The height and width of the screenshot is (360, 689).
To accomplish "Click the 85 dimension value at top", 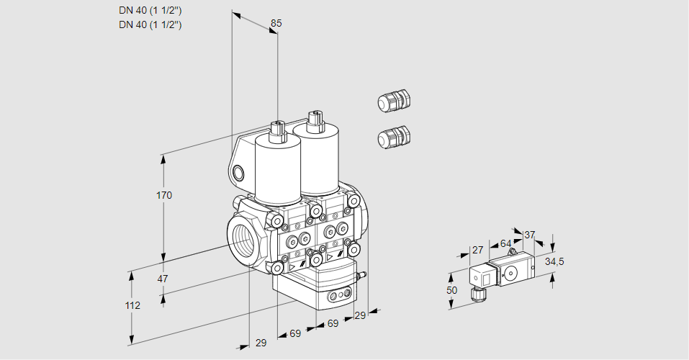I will pos(276,23).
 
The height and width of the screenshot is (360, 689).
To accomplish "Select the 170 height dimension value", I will pos(164,195).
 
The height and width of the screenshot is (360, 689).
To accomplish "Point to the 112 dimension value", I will pos(132,305).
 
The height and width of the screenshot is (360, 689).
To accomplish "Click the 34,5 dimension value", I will pos(554,261).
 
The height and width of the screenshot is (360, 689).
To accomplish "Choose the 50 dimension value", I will pos(451,289).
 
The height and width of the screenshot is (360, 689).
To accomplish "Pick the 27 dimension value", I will pos(477,250).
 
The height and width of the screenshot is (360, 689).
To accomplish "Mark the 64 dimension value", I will pos(505,243).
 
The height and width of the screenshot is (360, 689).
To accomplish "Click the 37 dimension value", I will pos(530,235).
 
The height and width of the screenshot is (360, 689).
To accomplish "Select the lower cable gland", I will pos(394,136).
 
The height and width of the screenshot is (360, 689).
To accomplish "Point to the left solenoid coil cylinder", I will pos(277,169).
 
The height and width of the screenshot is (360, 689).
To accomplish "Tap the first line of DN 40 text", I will pos(150,10).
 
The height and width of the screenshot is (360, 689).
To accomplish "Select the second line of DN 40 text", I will pos(150,24).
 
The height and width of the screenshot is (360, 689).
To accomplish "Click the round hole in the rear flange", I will pos(239,172).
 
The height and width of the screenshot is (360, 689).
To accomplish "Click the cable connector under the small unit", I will pos(476,293).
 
